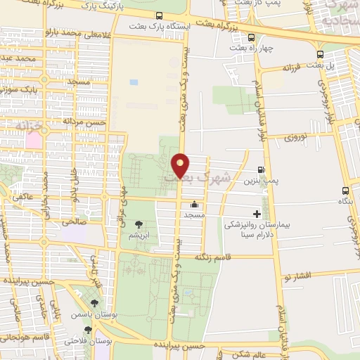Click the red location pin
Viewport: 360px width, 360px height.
pyautogui.click(x=181, y=166)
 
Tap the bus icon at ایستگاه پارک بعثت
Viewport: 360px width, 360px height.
pyautogui.click(x=160, y=15)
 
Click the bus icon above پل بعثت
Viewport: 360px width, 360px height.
pyautogui.click(x=321, y=54)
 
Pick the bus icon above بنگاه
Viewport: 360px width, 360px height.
pyautogui.click(x=345, y=191)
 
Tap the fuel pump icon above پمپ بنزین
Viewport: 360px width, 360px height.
pyautogui.click(x=261, y=170)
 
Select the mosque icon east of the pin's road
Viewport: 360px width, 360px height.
pyautogui.click(x=194, y=205)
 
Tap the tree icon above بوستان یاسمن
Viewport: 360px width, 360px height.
pyautogui.click(x=94, y=303)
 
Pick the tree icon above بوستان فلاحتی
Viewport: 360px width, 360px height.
pyautogui.click(x=88, y=329)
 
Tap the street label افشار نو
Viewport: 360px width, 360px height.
pyautogui.click(x=309, y=276)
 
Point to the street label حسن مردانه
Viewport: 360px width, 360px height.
pyautogui.click(x=84, y=121)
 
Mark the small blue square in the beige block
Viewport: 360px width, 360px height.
pyautogui.click(x=134, y=82)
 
